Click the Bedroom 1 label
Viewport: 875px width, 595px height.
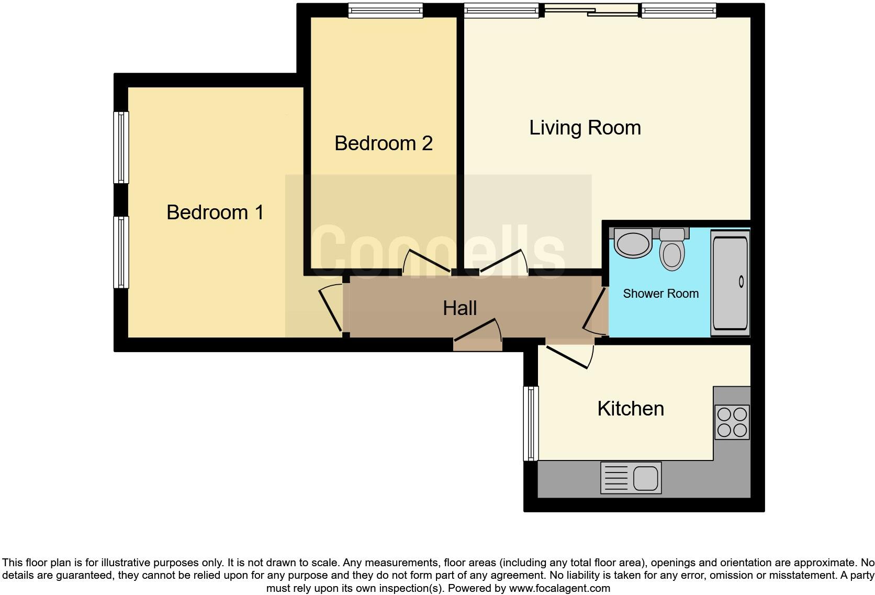click(x=215, y=212)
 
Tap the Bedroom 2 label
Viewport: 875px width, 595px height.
click(x=384, y=143)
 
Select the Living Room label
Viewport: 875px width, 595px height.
click(x=585, y=128)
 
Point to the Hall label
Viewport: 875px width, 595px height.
click(x=459, y=308)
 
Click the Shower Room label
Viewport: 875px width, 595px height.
click(x=660, y=294)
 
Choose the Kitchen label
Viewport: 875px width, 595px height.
click(x=631, y=409)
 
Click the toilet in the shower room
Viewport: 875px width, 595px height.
click(x=672, y=250)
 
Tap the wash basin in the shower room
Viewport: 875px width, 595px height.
click(x=632, y=243)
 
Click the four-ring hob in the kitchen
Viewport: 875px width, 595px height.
click(x=732, y=422)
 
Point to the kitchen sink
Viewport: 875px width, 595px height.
click(x=631, y=477)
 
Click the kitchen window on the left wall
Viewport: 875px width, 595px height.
click(x=531, y=423)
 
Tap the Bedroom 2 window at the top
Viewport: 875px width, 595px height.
click(x=386, y=10)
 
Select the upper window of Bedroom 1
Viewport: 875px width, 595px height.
click(x=121, y=147)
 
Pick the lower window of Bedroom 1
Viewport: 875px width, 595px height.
click(x=121, y=252)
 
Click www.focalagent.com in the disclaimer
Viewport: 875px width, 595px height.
click(x=559, y=588)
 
